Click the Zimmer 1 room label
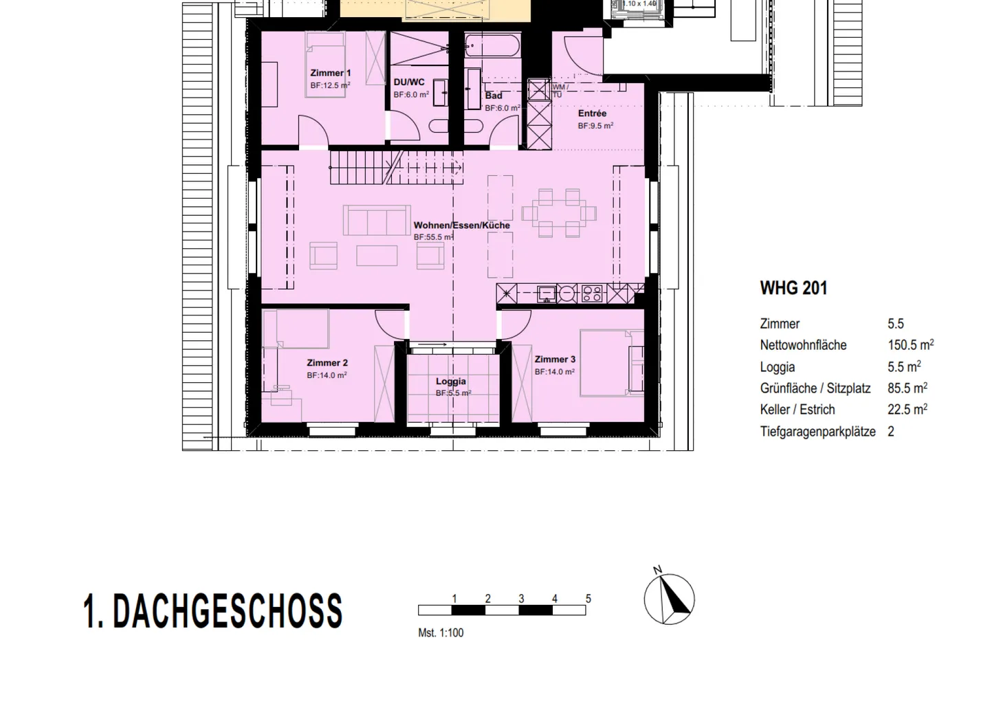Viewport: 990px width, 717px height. (x=331, y=73)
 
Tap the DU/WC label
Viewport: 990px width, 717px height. (x=408, y=82)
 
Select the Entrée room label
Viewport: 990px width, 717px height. (x=592, y=113)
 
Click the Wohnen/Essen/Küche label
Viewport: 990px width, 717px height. (x=461, y=225)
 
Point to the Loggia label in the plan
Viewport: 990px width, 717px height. (x=451, y=382)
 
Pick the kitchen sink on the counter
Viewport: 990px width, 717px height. (x=547, y=294)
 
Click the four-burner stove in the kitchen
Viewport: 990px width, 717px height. (x=592, y=294)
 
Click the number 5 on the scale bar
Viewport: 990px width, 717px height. (x=588, y=599)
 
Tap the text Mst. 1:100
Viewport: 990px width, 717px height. (x=441, y=633)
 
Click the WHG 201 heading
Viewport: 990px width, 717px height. (x=793, y=288)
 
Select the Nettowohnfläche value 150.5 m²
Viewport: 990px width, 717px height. (x=910, y=345)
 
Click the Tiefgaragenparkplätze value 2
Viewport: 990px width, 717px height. (x=891, y=432)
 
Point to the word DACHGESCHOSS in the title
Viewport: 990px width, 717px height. (x=227, y=611)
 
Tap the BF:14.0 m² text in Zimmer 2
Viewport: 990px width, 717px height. (x=327, y=375)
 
